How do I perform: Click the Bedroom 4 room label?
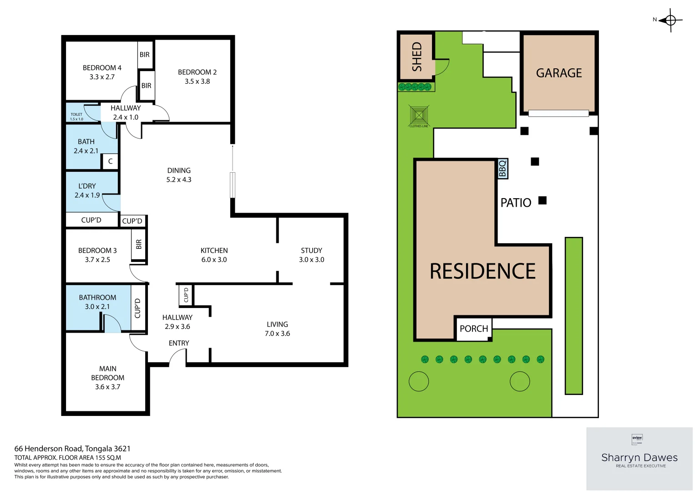102,67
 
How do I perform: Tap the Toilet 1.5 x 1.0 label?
76,117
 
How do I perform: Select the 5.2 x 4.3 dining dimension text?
179,179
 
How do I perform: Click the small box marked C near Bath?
110,161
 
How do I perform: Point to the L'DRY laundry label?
87,186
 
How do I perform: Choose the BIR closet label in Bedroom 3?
139,244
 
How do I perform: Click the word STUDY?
311,251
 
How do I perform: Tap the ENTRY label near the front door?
179,343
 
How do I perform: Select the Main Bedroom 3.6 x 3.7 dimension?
107,387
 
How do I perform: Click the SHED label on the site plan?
417,56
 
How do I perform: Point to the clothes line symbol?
418,115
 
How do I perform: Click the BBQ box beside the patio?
502,169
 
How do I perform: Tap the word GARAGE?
559,73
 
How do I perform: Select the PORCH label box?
474,328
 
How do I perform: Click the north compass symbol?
670,20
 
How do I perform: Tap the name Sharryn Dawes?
639,457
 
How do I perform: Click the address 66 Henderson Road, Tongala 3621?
72,449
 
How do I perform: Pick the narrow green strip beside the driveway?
573,315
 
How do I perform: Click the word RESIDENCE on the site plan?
482,272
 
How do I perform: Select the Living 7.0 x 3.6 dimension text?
277,333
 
